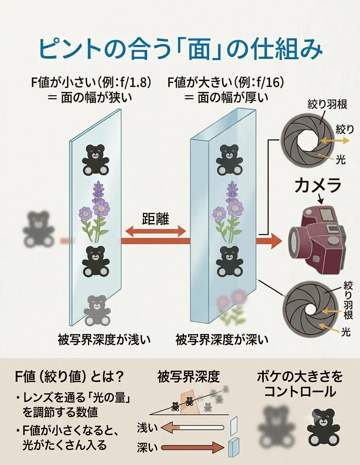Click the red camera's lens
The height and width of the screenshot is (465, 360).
click(297, 241)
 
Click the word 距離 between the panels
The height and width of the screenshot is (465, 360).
click(156, 219)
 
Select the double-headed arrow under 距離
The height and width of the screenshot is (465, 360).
click(156, 231)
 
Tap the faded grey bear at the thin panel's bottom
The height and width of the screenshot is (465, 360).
click(97, 310)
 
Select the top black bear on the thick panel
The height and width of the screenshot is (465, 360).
click(227, 160)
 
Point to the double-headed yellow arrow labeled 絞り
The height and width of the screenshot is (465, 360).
click(335, 141)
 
